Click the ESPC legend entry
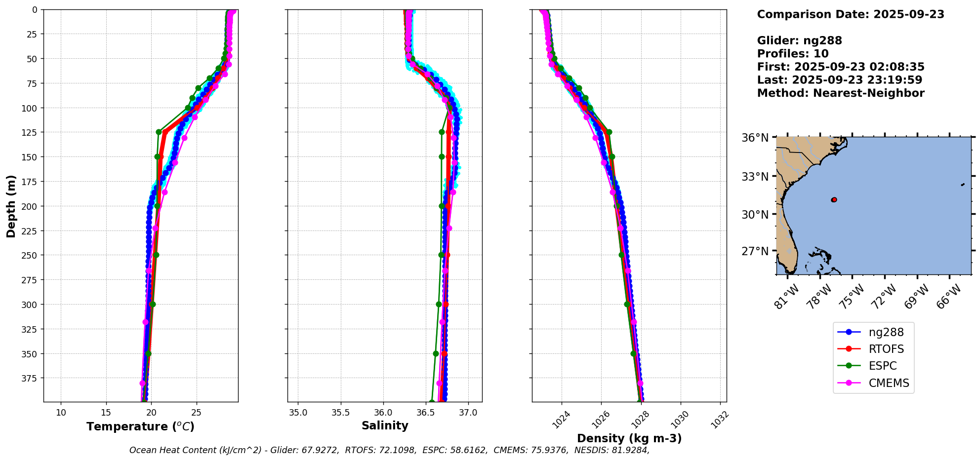pyautogui.click(x=882, y=366)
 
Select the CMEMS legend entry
pyautogui.click(x=888, y=383)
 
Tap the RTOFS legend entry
pyautogui.click(x=886, y=349)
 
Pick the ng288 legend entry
pyautogui.click(x=886, y=333)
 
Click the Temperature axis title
pyautogui.click(x=140, y=426)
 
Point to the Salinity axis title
pyautogui.click(x=385, y=425)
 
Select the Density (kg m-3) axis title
pyautogui.click(x=629, y=438)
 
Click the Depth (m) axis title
pyautogui.click(x=11, y=206)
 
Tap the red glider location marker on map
pyautogui.click(x=834, y=200)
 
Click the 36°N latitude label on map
pyautogui.click(x=755, y=138)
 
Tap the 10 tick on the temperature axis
pyautogui.click(x=61, y=413)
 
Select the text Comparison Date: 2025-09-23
pyautogui.click(x=851, y=14)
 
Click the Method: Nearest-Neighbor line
pyautogui.click(x=840, y=93)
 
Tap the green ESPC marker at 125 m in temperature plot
pyautogui.click(x=159, y=132)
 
